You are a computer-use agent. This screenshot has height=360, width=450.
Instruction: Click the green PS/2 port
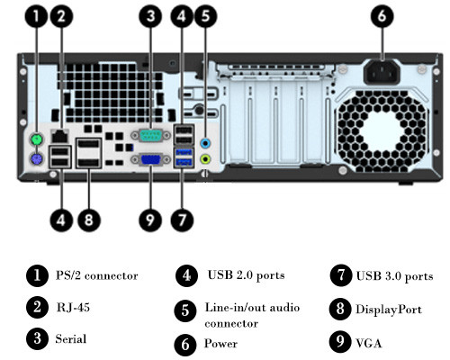[x=37, y=139]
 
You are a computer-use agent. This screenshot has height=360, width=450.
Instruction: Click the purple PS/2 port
[x=37, y=159]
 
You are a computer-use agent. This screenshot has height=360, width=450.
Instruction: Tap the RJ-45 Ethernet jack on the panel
[x=59, y=136]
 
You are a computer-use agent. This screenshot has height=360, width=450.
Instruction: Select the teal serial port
[x=151, y=136]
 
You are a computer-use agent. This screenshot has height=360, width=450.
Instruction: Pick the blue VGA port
[x=151, y=159]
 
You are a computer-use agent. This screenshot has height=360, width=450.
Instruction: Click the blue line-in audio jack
[x=205, y=143]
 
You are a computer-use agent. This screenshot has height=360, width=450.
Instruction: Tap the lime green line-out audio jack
[x=205, y=158]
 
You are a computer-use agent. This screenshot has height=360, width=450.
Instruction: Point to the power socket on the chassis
[x=382, y=72]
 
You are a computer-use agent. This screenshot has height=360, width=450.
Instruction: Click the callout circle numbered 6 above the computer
[x=382, y=16]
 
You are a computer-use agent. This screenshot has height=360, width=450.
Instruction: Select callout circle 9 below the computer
[x=150, y=220]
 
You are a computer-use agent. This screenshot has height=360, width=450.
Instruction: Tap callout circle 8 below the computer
[x=89, y=220]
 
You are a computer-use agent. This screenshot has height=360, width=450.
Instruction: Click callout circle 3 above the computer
[x=150, y=16]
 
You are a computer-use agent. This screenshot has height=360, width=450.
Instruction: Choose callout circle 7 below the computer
[x=182, y=220]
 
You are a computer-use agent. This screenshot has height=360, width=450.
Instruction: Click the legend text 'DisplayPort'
[x=389, y=310]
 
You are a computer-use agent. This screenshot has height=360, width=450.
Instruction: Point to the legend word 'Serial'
[x=71, y=339]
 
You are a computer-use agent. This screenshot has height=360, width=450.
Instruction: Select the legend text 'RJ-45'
[x=73, y=308]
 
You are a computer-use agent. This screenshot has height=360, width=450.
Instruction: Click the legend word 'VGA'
[x=369, y=343]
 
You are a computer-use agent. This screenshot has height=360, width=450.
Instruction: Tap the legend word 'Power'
[x=220, y=344]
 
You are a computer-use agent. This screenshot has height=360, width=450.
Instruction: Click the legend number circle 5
[x=185, y=310]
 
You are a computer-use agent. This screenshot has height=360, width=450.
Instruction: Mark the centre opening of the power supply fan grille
[x=382, y=131]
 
